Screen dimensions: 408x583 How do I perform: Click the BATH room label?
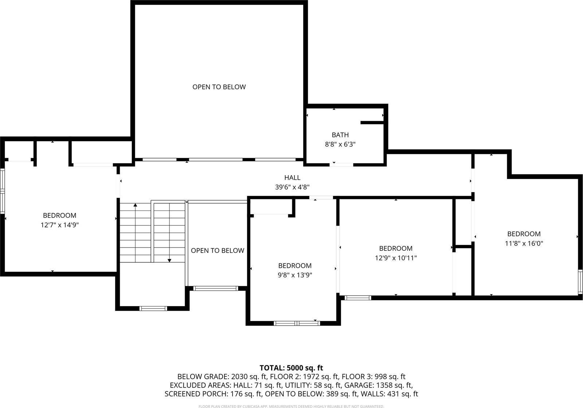point(340,135)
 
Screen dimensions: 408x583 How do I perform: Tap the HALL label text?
point(292,178)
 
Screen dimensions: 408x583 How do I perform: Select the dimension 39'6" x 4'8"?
point(292,187)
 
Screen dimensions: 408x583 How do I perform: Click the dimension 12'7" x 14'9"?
point(60,225)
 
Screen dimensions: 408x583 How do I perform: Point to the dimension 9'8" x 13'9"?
point(295,275)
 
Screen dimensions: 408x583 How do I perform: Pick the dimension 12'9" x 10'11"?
point(396,258)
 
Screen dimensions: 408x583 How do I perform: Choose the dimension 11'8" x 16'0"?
point(524,243)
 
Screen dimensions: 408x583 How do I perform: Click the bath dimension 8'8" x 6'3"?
point(340,144)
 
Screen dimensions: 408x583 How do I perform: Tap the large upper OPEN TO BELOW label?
point(219,87)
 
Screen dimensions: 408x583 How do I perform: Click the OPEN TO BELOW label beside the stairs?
point(218,250)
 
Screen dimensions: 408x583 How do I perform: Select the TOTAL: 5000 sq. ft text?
point(291,368)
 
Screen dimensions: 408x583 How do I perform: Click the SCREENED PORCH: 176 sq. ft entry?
point(213,394)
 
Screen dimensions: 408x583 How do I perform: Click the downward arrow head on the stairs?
point(169,260)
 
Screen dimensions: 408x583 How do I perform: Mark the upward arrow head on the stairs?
point(135,206)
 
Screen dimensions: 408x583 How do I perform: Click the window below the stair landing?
point(153,309)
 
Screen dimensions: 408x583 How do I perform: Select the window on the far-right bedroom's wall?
point(580,282)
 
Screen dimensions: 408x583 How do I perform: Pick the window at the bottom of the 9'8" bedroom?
point(297,323)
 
